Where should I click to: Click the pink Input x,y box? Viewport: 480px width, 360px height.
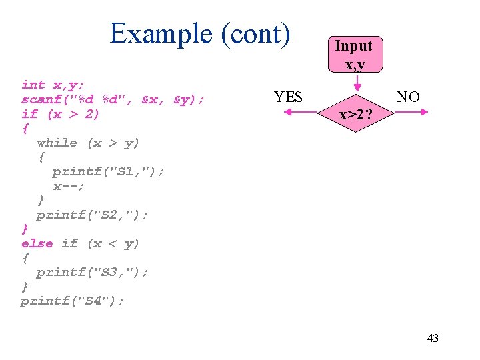pyautogui.click(x=353, y=54)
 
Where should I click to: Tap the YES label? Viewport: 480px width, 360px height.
pyautogui.click(x=288, y=97)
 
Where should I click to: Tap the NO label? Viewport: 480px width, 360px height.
pyautogui.click(x=408, y=97)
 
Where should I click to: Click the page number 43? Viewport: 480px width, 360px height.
pyautogui.click(x=433, y=338)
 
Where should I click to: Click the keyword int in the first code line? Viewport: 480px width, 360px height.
pyautogui.click(x=33, y=85)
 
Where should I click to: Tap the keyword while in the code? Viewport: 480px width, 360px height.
pyautogui.click(x=57, y=143)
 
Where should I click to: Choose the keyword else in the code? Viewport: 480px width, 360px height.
pyautogui.click(x=37, y=243)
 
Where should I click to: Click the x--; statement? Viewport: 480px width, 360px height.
pyautogui.click(x=69, y=186)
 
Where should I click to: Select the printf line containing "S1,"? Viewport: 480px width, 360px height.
pyautogui.click(x=108, y=171)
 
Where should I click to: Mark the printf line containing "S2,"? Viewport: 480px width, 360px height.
pyautogui.click(x=93, y=215)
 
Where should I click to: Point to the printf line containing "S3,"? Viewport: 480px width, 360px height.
pyautogui.click(x=93, y=272)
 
